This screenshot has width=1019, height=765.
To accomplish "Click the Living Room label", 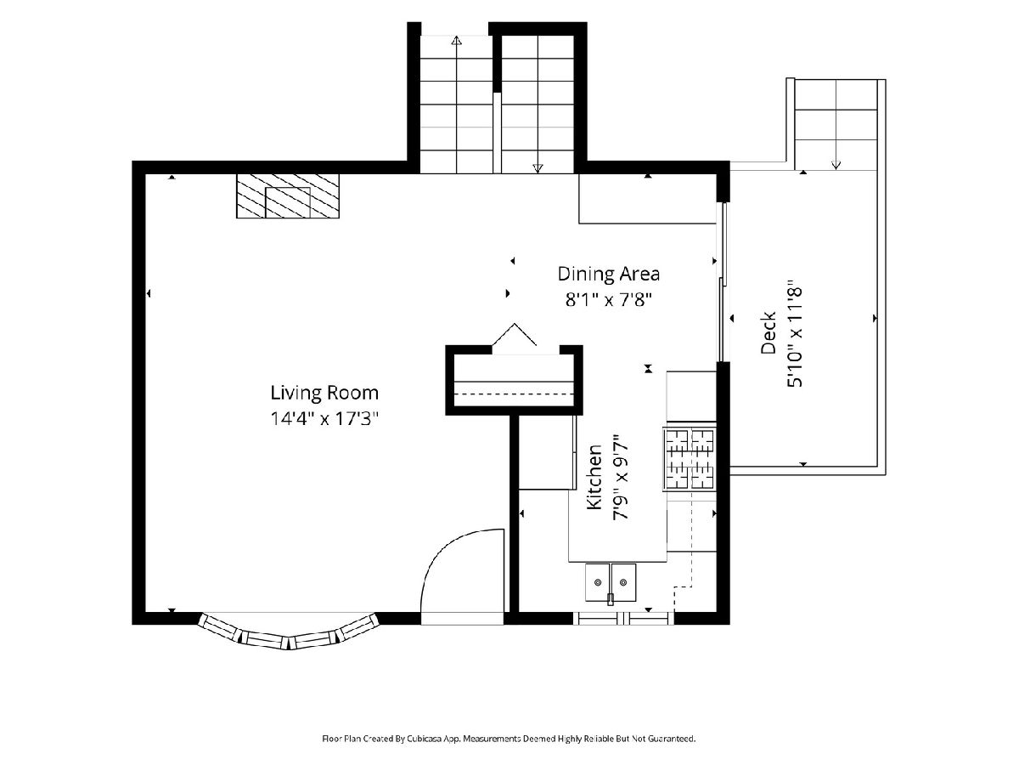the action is tap(324, 393).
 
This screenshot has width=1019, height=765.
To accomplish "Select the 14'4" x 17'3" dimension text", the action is tap(324, 419).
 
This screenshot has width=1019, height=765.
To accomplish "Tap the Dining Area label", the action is tap(609, 274).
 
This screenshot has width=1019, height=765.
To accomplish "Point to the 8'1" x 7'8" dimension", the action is tap(609, 299).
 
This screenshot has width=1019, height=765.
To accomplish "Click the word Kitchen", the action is tap(594, 477).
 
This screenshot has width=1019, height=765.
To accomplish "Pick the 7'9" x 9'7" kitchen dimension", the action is tap(621, 477).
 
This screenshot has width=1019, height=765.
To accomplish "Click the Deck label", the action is tap(768, 332).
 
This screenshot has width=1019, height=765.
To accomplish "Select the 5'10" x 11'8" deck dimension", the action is tap(794, 332).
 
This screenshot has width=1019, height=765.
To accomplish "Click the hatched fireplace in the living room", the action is tap(288, 196).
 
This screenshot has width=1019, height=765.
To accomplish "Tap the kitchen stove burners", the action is tap(690, 459).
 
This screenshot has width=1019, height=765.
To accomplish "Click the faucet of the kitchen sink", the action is tap(611, 598).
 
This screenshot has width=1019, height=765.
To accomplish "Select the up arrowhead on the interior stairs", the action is tap(456, 41).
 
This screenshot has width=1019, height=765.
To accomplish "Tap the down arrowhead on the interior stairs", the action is tap(538, 168).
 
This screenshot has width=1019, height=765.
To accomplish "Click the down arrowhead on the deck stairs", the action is tap(836, 164).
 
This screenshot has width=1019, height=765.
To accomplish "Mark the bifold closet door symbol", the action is tap(515, 334).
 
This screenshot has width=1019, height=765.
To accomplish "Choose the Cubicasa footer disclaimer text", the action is tap(509, 738).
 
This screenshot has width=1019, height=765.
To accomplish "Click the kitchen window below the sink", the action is tap(623, 619).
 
